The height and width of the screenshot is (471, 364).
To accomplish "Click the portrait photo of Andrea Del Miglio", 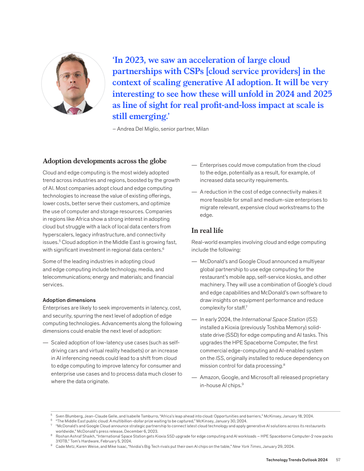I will pyautogui.click(x=73, y=83).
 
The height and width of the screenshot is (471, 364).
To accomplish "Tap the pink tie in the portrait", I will pyautogui.click(x=74, y=110).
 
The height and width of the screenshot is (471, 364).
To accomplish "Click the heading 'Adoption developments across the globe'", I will pyautogui.click(x=104, y=161).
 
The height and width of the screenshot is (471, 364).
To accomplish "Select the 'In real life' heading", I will pyautogui.click(x=207, y=231).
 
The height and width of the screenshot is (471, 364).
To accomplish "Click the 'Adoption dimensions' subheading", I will pyautogui.click(x=69, y=300).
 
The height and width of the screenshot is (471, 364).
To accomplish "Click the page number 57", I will pyautogui.click(x=338, y=459).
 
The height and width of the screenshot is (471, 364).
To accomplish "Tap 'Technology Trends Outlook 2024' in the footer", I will pyautogui.click(x=297, y=459).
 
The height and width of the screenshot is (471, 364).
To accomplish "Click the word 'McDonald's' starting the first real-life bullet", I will pyautogui.click(x=213, y=261).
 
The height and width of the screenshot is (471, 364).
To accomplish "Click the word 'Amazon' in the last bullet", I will pyautogui.click(x=210, y=377).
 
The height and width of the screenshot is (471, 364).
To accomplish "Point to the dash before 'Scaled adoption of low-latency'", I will pyautogui.click(x=45, y=343).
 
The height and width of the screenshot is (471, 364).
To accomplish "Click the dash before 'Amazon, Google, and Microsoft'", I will pyautogui.click(x=194, y=377).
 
